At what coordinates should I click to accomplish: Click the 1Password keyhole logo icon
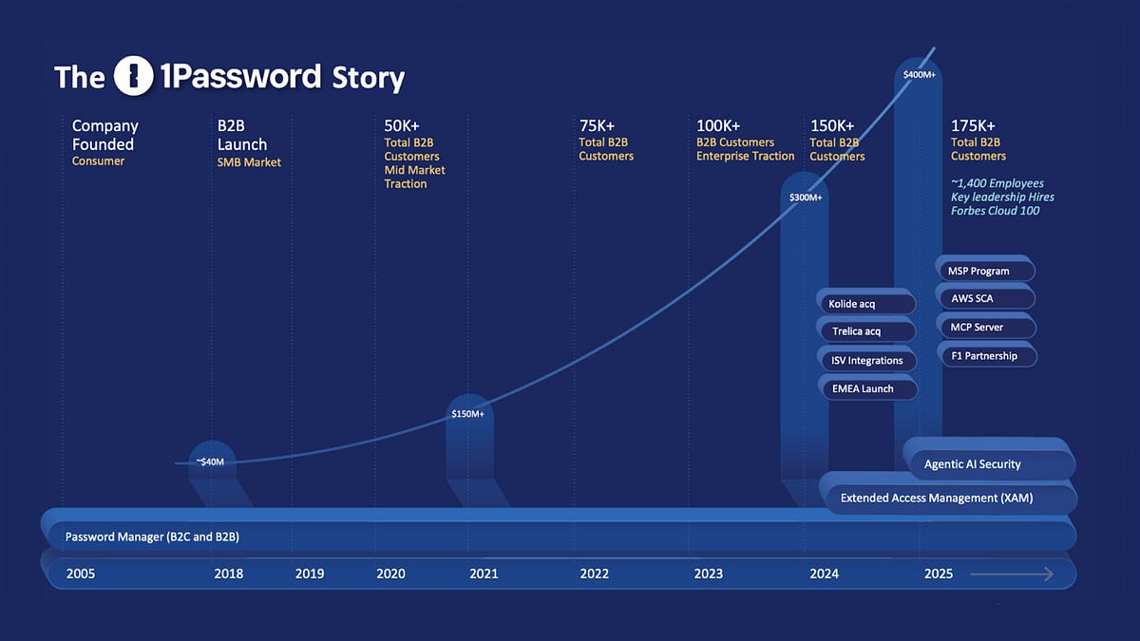(x=133, y=76)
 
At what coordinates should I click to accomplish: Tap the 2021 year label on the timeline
(x=484, y=574)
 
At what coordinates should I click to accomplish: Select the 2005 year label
(x=80, y=574)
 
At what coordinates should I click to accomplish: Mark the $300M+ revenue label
(x=806, y=198)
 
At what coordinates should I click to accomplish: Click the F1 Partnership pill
(x=983, y=356)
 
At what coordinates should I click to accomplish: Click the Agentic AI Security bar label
(x=972, y=464)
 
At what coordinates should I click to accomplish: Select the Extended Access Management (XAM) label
(x=936, y=498)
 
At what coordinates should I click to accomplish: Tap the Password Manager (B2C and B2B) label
(x=151, y=537)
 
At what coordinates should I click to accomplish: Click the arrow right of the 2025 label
(x=1012, y=574)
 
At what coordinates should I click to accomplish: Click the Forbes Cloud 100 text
(x=995, y=211)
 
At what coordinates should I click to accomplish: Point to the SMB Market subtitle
(x=249, y=162)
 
